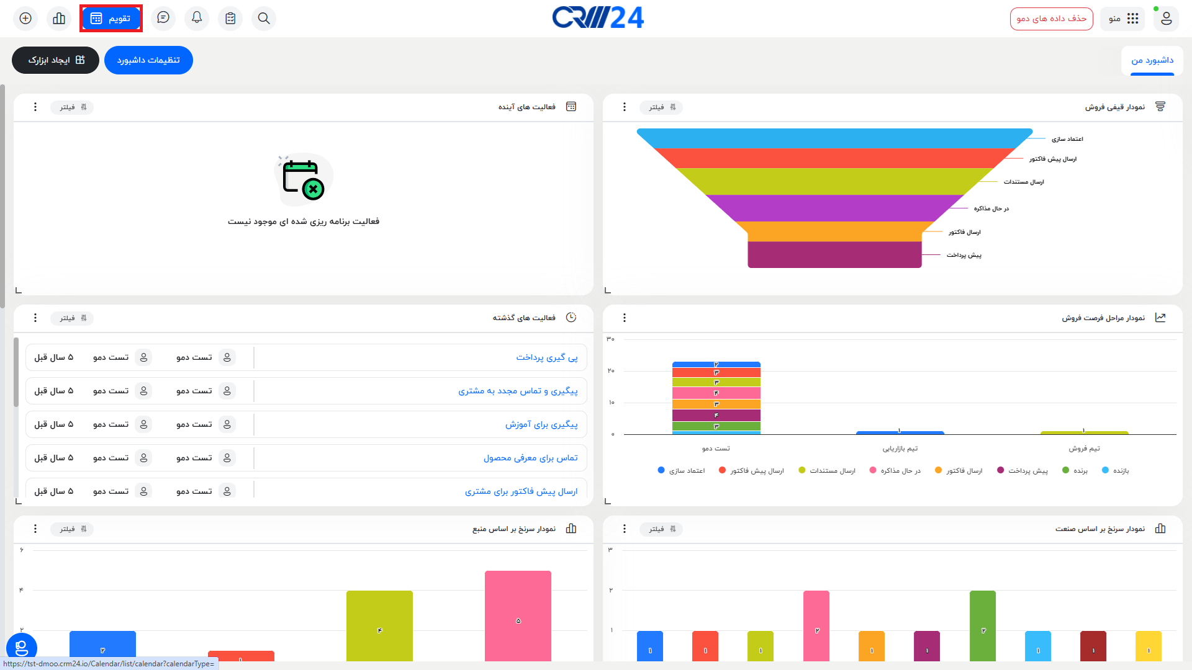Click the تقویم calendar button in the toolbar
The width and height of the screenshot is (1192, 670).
tap(111, 19)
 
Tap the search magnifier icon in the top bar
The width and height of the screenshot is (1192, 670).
tap(264, 19)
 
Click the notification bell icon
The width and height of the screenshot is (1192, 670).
tap(197, 18)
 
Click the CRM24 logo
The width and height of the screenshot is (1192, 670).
tap(598, 18)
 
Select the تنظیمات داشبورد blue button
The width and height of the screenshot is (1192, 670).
tap(148, 60)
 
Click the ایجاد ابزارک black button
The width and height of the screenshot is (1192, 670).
tap(55, 60)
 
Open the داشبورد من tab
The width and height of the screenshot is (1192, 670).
tap(1152, 60)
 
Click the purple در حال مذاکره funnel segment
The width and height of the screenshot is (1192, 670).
tap(834, 208)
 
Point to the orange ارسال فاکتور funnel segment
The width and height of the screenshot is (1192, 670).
tap(834, 231)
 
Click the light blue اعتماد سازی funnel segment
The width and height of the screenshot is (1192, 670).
tap(834, 138)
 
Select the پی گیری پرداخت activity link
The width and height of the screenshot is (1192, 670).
tap(546, 357)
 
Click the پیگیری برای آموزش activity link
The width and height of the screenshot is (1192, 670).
tap(541, 424)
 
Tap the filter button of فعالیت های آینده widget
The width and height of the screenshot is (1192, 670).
tap(73, 107)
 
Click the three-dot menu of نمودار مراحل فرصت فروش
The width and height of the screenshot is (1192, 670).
tap(625, 318)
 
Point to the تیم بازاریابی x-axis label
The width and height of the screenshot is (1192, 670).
tap(900, 449)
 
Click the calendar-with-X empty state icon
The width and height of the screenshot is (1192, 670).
tap(304, 180)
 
